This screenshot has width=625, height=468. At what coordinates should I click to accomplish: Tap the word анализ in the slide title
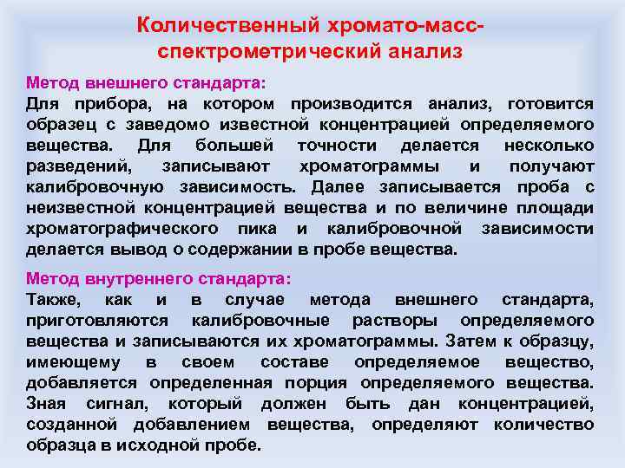[x=423, y=51]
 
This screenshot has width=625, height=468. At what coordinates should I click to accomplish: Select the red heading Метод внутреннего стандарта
[x=159, y=280]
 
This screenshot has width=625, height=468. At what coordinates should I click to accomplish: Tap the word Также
[x=53, y=300]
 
